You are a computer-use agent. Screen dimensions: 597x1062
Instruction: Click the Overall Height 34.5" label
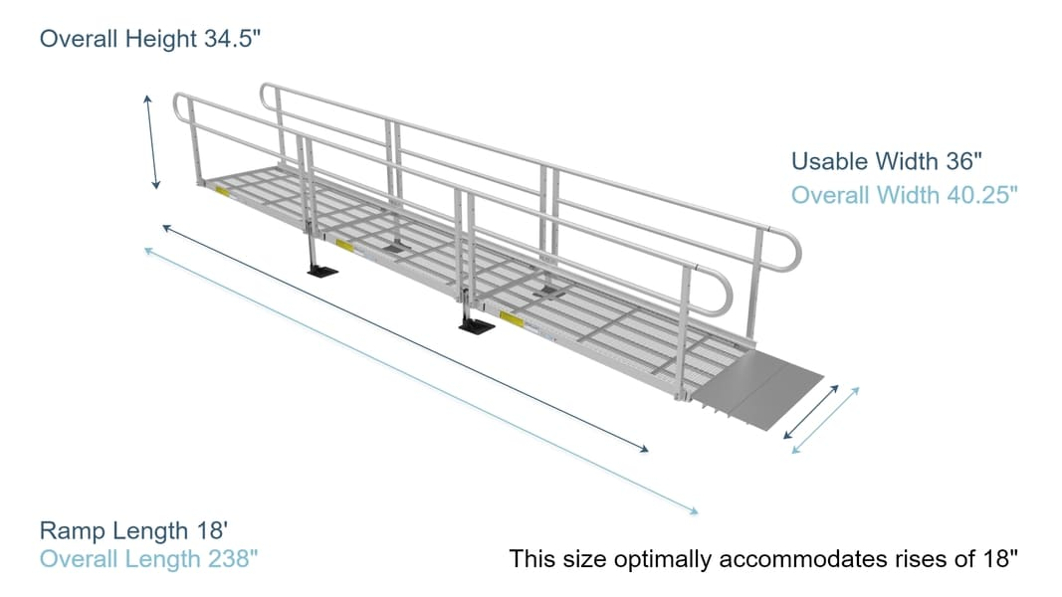(x=150, y=40)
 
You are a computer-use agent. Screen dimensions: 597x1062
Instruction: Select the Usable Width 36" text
(x=878, y=161)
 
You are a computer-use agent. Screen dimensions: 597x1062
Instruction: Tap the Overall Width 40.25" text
(x=904, y=195)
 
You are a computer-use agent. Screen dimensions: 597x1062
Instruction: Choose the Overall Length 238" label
(x=148, y=558)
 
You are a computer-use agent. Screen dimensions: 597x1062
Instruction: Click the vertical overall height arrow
(x=151, y=141)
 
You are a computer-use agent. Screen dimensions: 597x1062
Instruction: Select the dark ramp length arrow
(x=405, y=339)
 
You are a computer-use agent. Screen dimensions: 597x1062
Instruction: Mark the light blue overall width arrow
(x=826, y=421)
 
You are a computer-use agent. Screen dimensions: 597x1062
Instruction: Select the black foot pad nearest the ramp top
(x=322, y=269)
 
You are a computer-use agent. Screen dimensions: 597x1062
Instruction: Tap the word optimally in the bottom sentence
(x=651, y=559)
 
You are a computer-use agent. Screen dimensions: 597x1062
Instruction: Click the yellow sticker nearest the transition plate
(x=512, y=319)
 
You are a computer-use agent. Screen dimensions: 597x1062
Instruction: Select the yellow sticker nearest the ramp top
(x=221, y=191)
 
